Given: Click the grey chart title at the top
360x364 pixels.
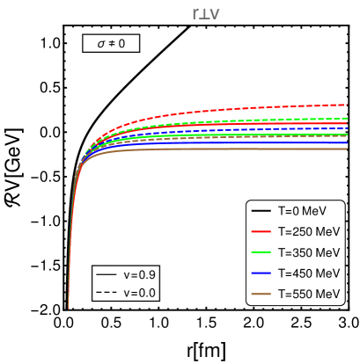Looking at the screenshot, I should (205, 13).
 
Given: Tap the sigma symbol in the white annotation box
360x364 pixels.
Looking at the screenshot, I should (100, 43).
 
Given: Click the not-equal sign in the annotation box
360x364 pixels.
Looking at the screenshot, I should (111, 43).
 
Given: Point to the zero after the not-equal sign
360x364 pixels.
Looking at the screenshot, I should (121, 43).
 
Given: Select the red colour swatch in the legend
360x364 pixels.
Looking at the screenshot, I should (261, 232).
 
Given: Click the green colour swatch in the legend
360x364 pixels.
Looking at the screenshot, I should (261, 252).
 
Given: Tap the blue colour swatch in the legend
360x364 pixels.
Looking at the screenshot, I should (261, 273).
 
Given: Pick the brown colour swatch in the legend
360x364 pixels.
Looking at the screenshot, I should (261, 294).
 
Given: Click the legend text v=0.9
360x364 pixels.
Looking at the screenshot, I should (139, 275).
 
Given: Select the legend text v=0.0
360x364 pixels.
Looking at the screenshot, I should (139, 293).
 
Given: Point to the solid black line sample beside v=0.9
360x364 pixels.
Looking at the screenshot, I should (107, 275).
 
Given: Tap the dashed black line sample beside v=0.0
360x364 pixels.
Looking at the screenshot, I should (107, 293).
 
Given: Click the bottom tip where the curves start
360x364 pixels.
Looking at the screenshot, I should (69, 307).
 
